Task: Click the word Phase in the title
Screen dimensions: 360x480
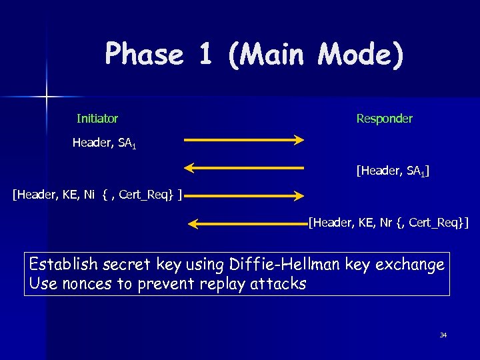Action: pyautogui.click(x=144, y=54)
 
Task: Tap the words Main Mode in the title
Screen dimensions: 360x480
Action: pyautogui.click(x=315, y=54)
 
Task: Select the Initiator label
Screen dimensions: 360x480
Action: pyautogui.click(x=97, y=119)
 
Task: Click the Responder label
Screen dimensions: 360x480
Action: pyautogui.click(x=384, y=119)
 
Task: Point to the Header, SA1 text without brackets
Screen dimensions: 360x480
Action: pyautogui.click(x=104, y=143)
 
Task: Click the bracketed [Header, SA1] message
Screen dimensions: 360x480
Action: pyautogui.click(x=393, y=171)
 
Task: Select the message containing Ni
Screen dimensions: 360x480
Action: pyautogui.click(x=98, y=194)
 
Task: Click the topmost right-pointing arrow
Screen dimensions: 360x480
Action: pyautogui.click(x=244, y=140)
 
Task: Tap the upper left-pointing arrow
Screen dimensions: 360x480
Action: pyautogui.click(x=244, y=168)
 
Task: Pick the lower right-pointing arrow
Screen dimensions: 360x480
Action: pyautogui.click(x=244, y=195)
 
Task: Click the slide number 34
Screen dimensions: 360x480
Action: pyautogui.click(x=443, y=335)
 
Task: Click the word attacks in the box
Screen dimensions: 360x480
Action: pyautogui.click(x=279, y=283)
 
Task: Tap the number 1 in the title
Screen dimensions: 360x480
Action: pyautogui.click(x=205, y=54)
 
